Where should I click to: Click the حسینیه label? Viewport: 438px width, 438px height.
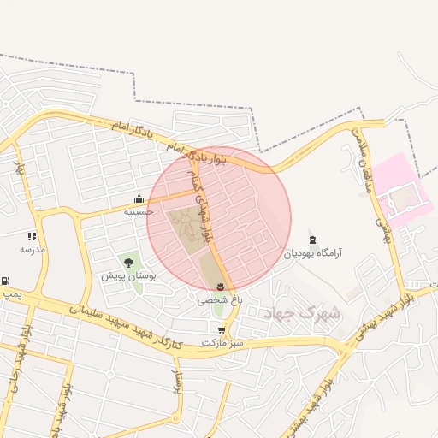coord(139,211)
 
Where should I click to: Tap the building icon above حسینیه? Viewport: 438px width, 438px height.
coord(139,199)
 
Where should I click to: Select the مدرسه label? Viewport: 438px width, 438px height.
coord(32,249)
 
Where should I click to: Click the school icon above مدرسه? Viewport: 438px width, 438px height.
coord(32,236)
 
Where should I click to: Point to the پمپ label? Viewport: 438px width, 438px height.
coord(10,293)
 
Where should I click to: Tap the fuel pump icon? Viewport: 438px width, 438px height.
coord(6,281)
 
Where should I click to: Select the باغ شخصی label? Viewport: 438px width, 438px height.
coord(221,300)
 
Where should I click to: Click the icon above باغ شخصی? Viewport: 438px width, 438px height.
coord(222,287)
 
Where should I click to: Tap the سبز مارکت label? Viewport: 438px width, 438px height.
coord(222,342)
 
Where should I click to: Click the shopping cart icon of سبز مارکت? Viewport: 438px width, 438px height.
coord(222,329)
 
